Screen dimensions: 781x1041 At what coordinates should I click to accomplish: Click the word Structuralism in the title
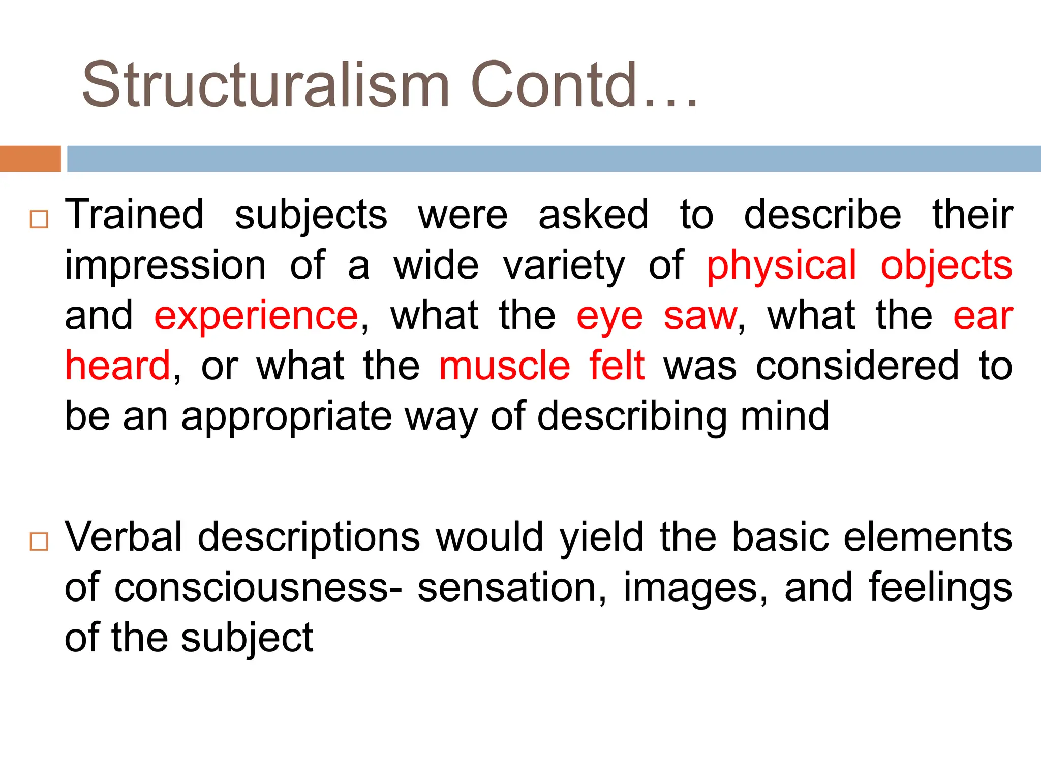click(x=265, y=85)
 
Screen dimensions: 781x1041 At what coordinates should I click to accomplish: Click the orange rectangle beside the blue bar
click(x=30, y=159)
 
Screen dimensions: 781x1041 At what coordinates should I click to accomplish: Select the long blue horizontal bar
click(x=554, y=159)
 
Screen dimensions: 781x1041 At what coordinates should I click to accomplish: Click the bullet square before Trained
click(x=39, y=219)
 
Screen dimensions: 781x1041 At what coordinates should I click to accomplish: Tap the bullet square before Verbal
click(x=39, y=542)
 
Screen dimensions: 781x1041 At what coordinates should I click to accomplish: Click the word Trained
click(x=135, y=215)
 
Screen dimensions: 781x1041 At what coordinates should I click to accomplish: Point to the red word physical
click(x=782, y=265)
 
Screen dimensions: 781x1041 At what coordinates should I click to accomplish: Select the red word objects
click(x=946, y=265)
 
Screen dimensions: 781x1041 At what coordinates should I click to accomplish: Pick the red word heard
click(x=118, y=365)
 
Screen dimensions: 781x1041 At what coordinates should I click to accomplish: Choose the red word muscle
click(x=505, y=365)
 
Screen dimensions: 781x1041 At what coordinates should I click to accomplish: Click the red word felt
click(x=617, y=365)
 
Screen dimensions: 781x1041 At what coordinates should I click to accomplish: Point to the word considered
click(x=857, y=365)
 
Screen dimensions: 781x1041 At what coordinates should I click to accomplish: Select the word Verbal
click(x=124, y=537)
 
